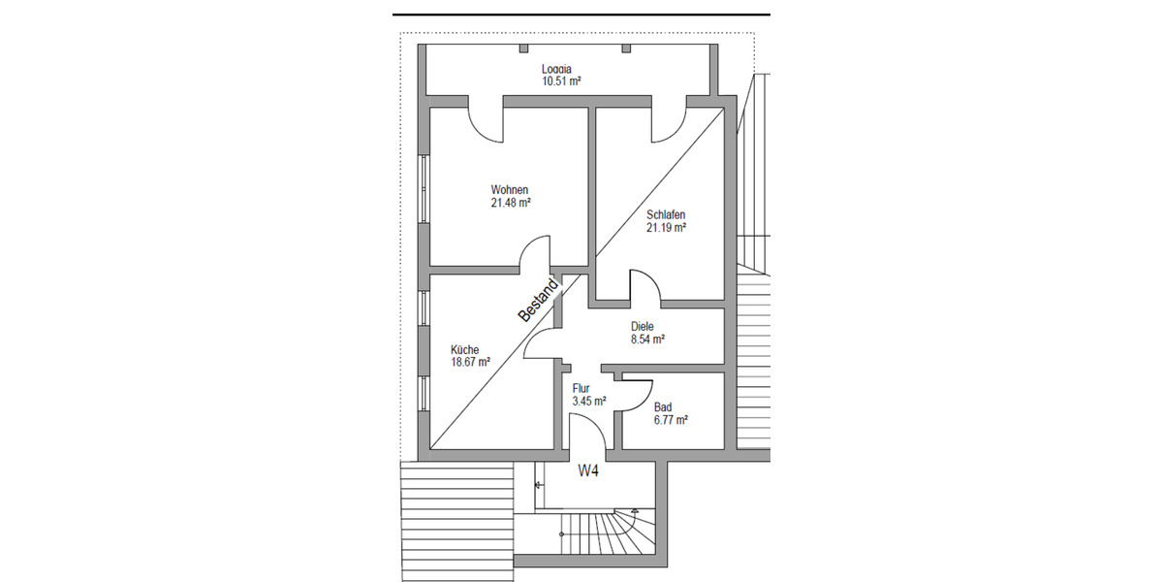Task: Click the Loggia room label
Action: coord(556,69)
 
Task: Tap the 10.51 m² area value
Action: coord(561,81)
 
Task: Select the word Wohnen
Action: coord(510,189)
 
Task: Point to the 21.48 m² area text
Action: coord(511,203)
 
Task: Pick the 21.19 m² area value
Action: coord(666,228)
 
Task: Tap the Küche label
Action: coord(464,349)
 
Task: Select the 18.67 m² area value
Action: coord(470,362)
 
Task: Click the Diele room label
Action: coord(643,327)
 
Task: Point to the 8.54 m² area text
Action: coord(646,339)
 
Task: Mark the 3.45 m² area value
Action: coord(589,400)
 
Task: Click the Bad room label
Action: coord(663,406)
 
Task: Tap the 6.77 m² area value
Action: coord(671,420)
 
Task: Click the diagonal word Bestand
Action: coord(539,301)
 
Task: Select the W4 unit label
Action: coord(588,472)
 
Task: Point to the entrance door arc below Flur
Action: coord(587,431)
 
